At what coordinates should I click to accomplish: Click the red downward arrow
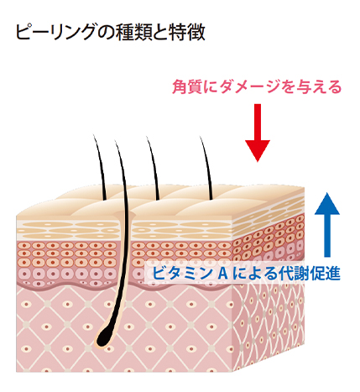click(x=258, y=133)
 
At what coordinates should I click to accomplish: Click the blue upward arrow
click(x=327, y=224)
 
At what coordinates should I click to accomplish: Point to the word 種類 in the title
click(x=133, y=33)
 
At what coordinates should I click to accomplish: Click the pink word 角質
click(x=185, y=86)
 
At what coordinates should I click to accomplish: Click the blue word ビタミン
click(x=182, y=273)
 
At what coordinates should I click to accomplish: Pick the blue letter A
click(x=222, y=274)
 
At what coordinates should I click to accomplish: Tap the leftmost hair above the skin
click(x=101, y=168)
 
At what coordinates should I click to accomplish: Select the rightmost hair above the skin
click(x=206, y=169)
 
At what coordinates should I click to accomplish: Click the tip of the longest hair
click(x=115, y=140)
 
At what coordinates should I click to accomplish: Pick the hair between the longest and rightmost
click(x=154, y=169)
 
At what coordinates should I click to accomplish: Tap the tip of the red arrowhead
click(x=258, y=162)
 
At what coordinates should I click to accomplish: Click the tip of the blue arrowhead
click(x=327, y=192)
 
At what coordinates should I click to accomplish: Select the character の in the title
click(x=107, y=33)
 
